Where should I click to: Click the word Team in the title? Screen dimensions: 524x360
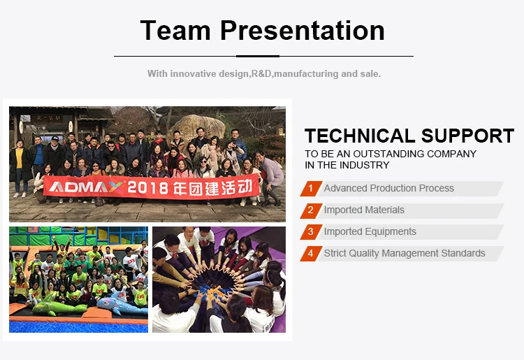click(175, 31)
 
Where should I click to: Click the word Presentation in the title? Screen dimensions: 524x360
click(303, 31)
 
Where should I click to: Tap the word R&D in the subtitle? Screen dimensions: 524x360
click(261, 73)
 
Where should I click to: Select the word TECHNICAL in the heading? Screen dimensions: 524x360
click(360, 136)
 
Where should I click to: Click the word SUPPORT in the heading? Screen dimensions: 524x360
click(467, 136)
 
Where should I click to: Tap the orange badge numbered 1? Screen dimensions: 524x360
click(311, 189)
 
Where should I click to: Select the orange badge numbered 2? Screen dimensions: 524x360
click(311, 210)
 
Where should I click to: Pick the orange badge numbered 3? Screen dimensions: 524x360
click(311, 231)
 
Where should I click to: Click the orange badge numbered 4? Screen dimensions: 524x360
click(311, 253)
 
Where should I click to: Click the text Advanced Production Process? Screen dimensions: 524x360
click(388, 188)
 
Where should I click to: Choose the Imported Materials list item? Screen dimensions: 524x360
click(364, 210)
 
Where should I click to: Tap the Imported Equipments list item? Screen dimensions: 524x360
click(370, 231)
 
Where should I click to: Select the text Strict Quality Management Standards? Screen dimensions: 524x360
click(405, 253)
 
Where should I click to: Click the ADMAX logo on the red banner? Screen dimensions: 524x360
click(86, 187)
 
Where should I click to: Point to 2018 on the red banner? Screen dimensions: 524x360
click(147, 188)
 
